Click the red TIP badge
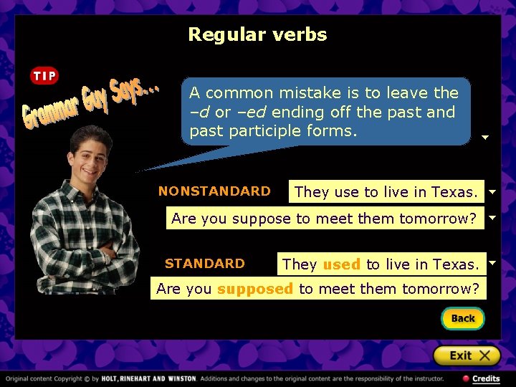pos(44,76)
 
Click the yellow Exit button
pos(466,355)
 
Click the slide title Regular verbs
pos(257,34)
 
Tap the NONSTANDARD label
pos(214,191)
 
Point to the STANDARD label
pos(204,263)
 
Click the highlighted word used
pos(341,264)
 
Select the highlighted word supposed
pos(255,289)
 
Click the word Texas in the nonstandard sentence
pos(454,192)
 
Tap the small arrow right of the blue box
pos(484,137)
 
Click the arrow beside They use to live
pos(492,192)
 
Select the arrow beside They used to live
pos(492,263)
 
